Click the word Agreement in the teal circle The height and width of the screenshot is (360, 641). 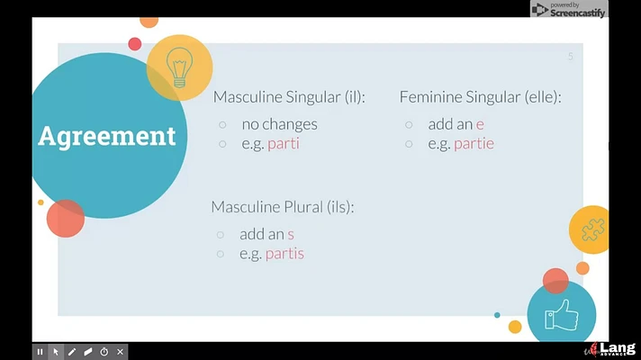click(x=107, y=137)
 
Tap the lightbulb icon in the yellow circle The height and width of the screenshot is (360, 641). click(x=179, y=67)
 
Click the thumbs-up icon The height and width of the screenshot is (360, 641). click(x=562, y=315)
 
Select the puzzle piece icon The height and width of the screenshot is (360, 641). click(x=592, y=229)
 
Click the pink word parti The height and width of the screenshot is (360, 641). click(x=284, y=144)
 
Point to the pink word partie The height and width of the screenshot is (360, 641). click(x=474, y=144)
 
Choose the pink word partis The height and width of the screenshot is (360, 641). click(x=284, y=254)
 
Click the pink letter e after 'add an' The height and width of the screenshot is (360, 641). click(x=480, y=124)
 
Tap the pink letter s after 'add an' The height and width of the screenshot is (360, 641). click(x=290, y=235)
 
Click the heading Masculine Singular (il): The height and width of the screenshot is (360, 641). click(x=289, y=97)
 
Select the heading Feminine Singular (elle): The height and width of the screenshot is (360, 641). click(x=481, y=97)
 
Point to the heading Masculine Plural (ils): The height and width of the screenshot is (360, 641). click(x=283, y=207)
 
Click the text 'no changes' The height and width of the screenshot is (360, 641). click(x=280, y=124)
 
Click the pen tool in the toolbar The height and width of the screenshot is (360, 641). click(x=72, y=351)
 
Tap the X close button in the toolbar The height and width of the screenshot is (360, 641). click(x=121, y=351)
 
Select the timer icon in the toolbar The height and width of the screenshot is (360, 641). click(x=104, y=351)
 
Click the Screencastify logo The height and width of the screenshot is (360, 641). click(x=569, y=9)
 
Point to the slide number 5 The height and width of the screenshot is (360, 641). click(x=570, y=57)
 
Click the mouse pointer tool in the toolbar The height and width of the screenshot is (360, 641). click(x=56, y=351)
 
